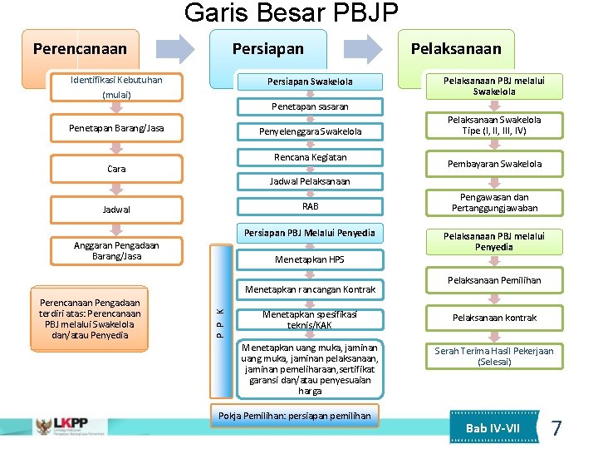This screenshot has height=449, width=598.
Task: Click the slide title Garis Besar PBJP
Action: pos(291,13)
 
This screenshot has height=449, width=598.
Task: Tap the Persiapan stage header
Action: pos(267,49)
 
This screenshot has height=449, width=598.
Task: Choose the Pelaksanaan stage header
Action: pos(456,49)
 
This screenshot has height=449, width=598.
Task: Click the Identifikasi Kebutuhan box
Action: pos(116,86)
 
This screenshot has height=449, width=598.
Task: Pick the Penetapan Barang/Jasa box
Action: pos(116,128)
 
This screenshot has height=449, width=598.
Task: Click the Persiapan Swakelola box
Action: pos(310,81)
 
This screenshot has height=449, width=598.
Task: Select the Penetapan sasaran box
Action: pos(310,106)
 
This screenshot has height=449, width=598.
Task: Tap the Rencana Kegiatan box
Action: pos(310,157)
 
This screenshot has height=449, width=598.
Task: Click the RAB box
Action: pos(310,206)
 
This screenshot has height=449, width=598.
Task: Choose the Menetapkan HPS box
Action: pos(310,259)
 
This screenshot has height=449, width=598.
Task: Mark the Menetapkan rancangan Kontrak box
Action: pos(310,289)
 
